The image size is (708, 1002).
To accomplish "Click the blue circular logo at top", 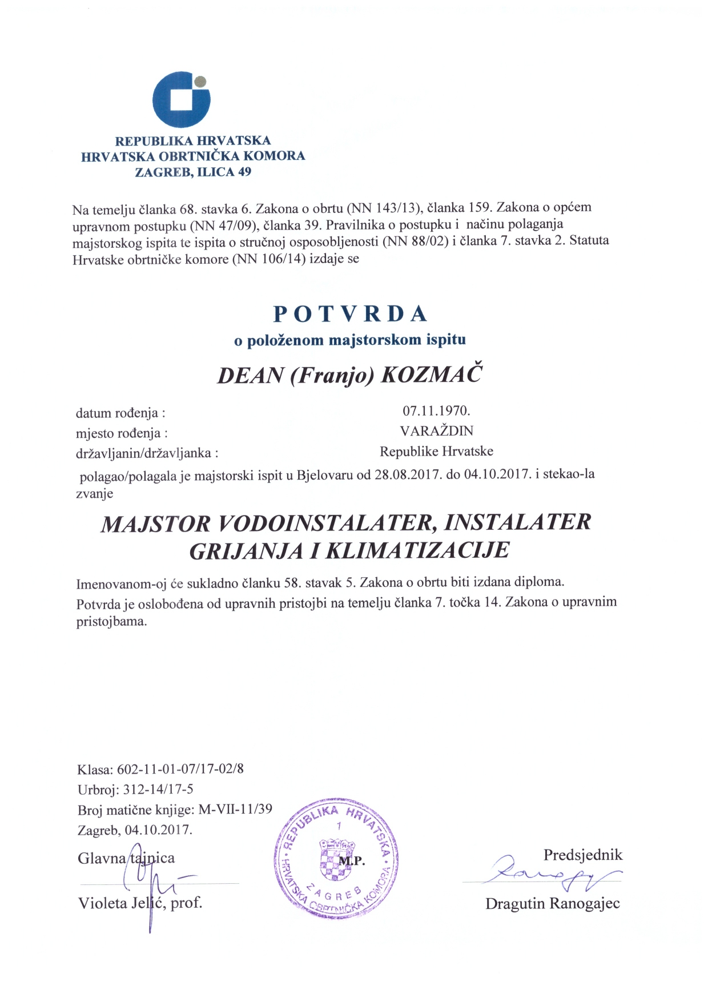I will pyautogui.click(x=180, y=100).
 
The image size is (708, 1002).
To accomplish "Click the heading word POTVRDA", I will pyautogui.click(x=351, y=314).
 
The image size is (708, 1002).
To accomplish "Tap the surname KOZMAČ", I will pyautogui.click(x=431, y=375).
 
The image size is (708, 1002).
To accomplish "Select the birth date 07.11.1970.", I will pyautogui.click(x=436, y=411).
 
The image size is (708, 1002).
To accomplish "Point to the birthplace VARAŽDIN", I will pyautogui.click(x=436, y=431).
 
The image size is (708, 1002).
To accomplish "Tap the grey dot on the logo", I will pyautogui.click(x=199, y=81).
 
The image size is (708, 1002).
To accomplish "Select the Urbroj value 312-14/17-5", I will pyautogui.click(x=158, y=790).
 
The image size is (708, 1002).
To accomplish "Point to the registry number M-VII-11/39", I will pyautogui.click(x=235, y=810).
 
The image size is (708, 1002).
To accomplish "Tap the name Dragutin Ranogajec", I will pyautogui.click(x=552, y=904).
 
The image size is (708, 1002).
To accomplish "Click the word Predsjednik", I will pyautogui.click(x=582, y=855).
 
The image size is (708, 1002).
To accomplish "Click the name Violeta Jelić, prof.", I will pyautogui.click(x=140, y=903).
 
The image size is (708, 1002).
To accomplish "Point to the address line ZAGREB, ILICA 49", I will pyautogui.click(x=193, y=172).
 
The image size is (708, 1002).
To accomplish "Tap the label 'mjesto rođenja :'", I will pyautogui.click(x=122, y=433).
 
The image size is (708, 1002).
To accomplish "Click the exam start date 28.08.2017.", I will pyautogui.click(x=408, y=474).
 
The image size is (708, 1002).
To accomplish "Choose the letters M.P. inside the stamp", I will pyautogui.click(x=352, y=861).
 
